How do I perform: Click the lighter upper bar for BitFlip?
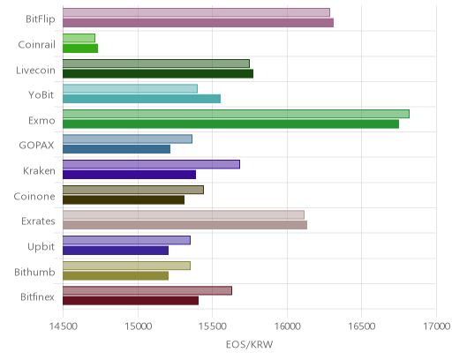click(196, 12)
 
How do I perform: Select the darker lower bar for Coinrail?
click(80, 49)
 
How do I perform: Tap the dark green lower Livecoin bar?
click(158, 73)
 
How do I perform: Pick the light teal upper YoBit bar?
click(130, 88)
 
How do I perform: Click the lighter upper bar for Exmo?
click(236, 114)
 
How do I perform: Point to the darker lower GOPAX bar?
click(117, 149)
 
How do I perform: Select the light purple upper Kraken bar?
click(151, 164)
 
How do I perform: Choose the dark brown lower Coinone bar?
click(124, 199)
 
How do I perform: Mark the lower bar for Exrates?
click(185, 225)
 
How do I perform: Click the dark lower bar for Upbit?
click(116, 251)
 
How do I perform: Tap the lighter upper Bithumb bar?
click(126, 266)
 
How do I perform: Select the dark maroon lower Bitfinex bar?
click(131, 301)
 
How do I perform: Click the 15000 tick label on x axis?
click(138, 326)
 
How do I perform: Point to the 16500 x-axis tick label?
click(362, 326)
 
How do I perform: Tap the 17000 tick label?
click(437, 326)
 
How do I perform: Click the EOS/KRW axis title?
click(249, 344)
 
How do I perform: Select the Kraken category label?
click(39, 170)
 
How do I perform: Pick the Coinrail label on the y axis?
click(36, 44)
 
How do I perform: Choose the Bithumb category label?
click(34, 272)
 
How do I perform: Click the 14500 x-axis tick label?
click(63, 326)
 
